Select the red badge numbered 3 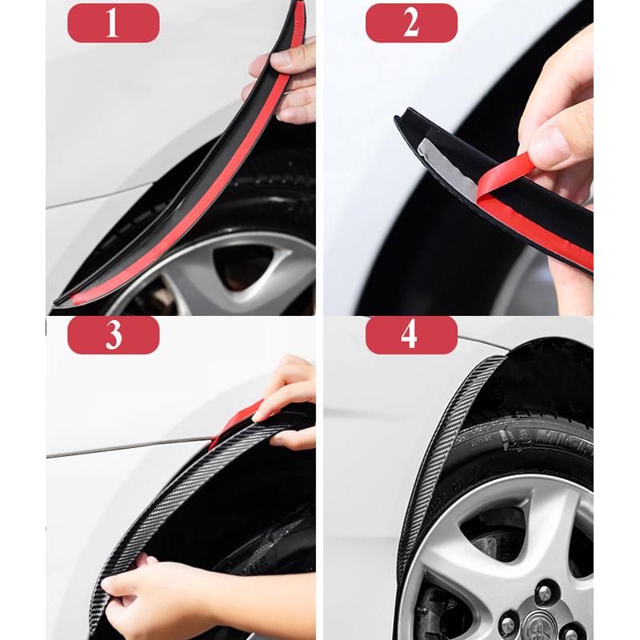[113, 335]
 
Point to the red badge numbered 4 [411, 335]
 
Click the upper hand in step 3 [288, 400]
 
